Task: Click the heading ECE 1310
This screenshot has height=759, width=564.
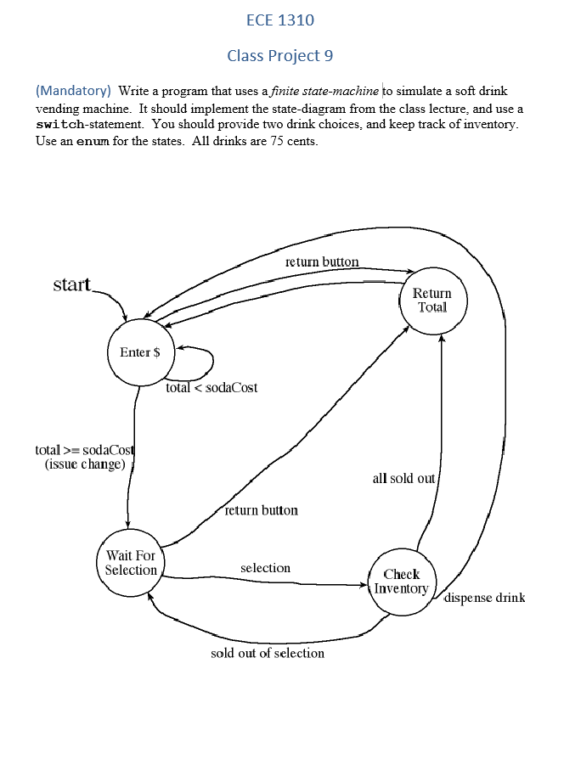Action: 279,20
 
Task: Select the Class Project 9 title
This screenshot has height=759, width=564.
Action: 279,56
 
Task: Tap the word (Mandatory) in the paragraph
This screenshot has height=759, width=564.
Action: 73,90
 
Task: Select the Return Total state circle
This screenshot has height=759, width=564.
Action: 432,300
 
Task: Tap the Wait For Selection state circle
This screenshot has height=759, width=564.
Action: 131,562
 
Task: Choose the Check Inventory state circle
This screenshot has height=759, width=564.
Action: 402,582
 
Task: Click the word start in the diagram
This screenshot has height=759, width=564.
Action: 72,284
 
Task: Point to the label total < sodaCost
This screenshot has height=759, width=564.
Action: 212,388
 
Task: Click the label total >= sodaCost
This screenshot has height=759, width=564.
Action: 85,450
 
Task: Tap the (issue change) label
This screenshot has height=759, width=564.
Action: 85,464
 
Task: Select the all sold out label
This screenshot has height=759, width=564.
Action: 403,478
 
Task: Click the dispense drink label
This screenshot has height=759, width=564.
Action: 485,598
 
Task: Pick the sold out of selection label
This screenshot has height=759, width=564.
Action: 268,653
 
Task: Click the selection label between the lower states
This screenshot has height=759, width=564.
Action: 265,568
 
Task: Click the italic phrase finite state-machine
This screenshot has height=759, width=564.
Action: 326,90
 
